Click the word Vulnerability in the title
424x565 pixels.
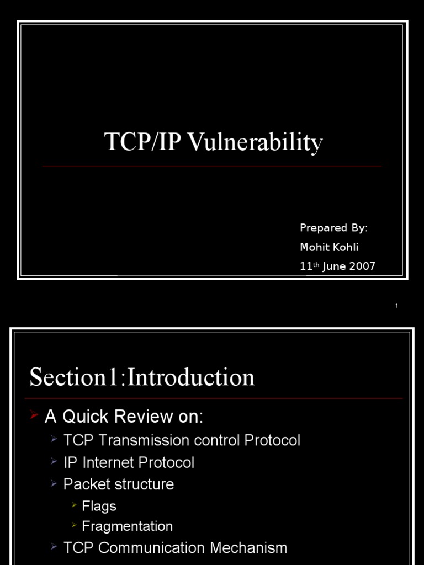(255, 142)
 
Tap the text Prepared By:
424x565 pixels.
(333, 228)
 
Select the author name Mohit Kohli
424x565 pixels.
(329, 247)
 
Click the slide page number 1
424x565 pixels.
(396, 306)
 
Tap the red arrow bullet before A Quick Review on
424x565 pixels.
(34, 415)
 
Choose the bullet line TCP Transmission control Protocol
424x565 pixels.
(182, 440)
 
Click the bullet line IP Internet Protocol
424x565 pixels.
(129, 462)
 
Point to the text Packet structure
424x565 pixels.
(119, 484)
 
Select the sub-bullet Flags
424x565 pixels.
(99, 506)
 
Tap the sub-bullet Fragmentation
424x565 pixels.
(127, 526)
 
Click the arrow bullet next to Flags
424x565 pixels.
(73, 505)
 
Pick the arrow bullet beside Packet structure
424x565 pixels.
(54, 483)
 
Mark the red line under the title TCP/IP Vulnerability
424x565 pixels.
(212, 166)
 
